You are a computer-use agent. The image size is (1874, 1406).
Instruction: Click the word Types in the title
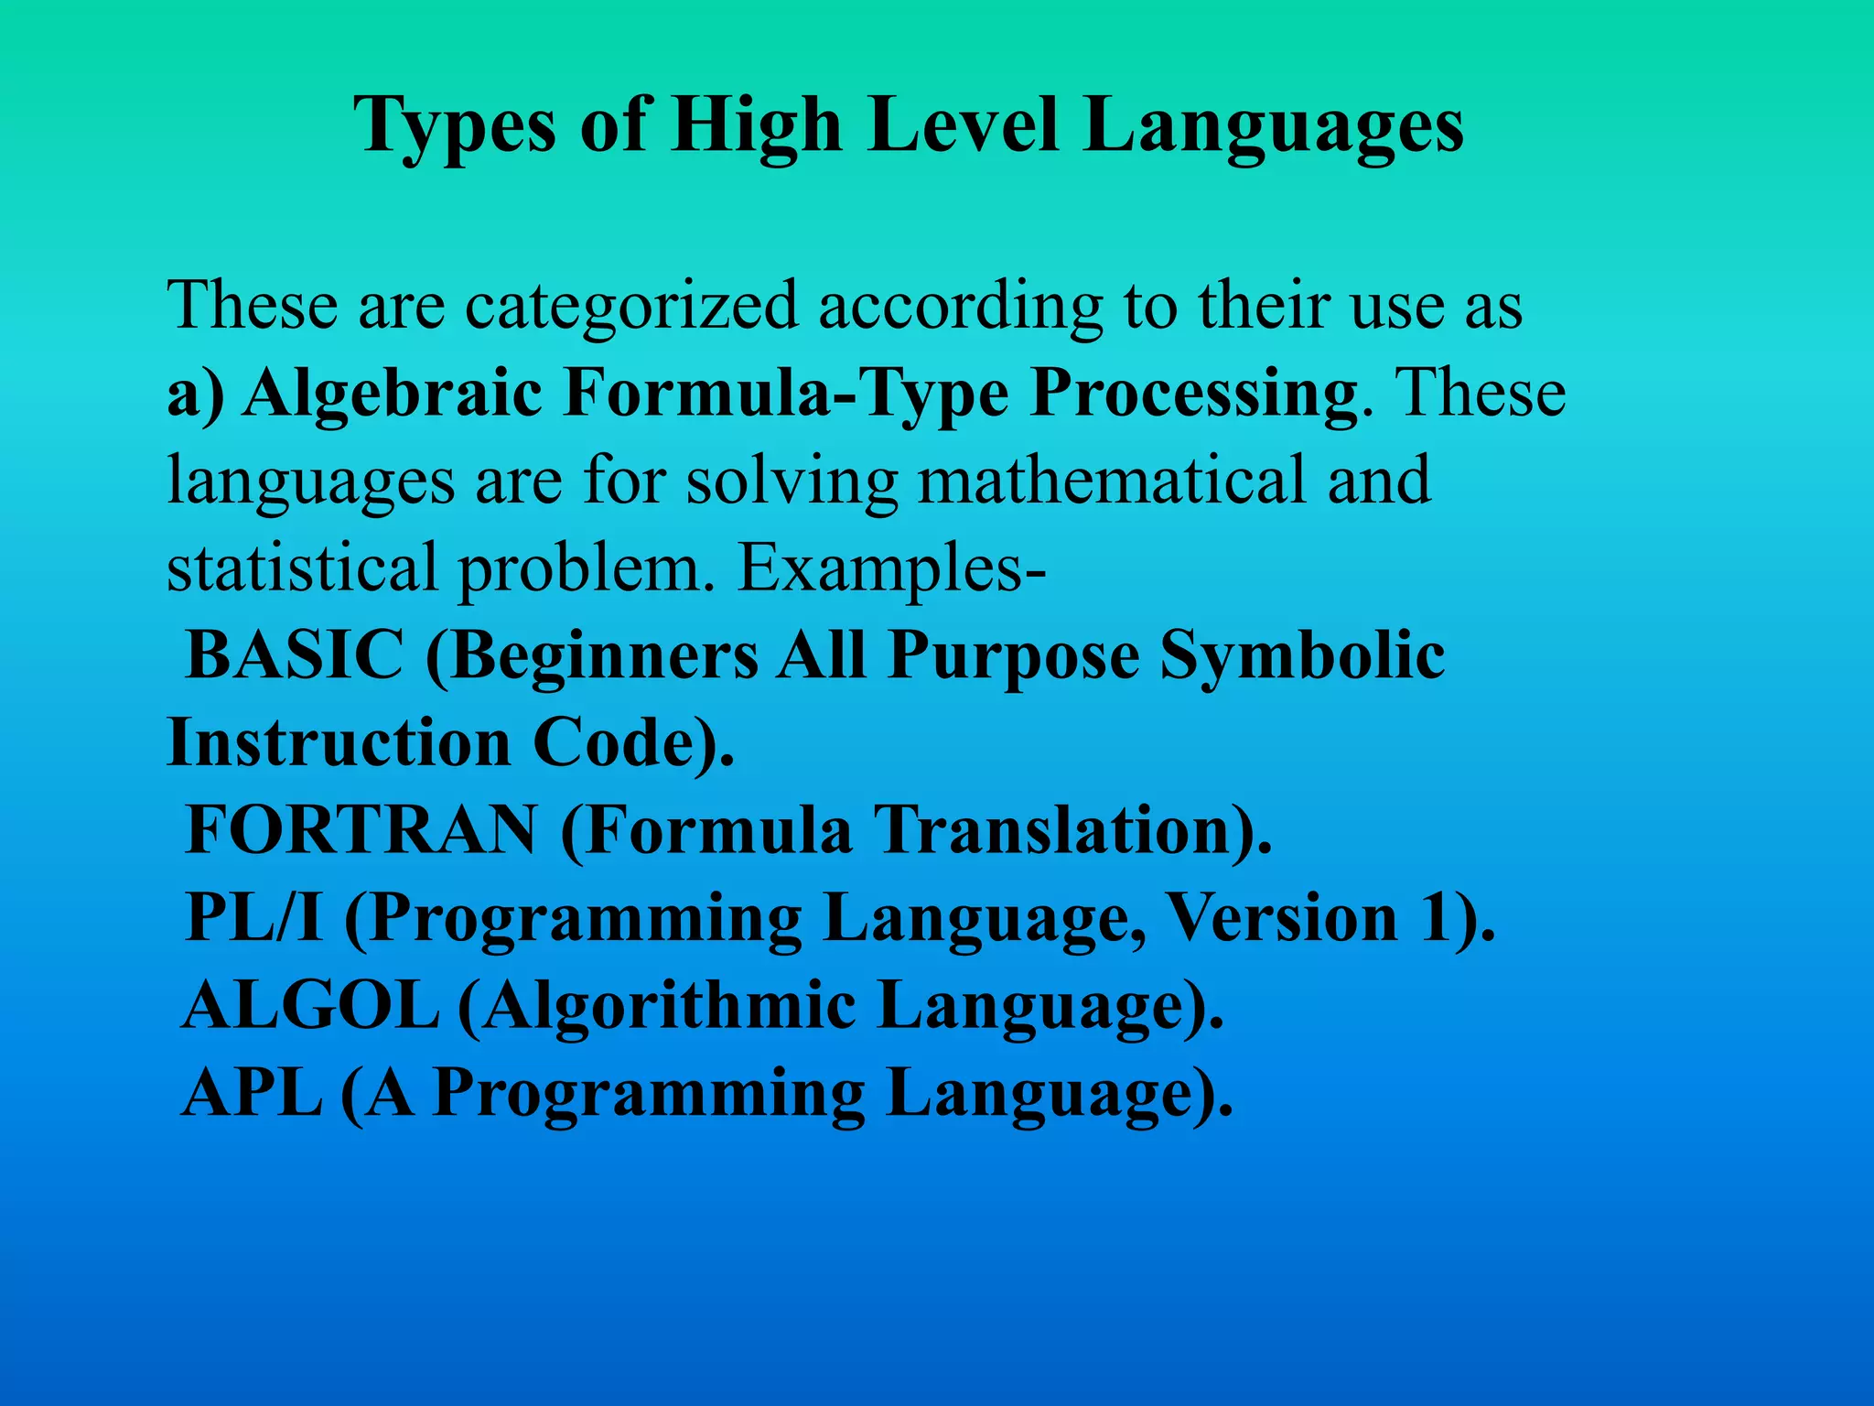pyautogui.click(x=455, y=125)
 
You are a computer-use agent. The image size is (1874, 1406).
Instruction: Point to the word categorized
pyautogui.click(x=631, y=307)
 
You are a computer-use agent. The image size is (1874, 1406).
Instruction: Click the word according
pyautogui.click(x=960, y=307)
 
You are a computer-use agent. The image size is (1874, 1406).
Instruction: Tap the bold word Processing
pyautogui.click(x=1193, y=395)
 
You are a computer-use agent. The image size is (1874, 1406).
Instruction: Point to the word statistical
pyautogui.click(x=303, y=568)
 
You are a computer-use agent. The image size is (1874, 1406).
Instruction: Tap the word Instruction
pyautogui.click(x=339, y=741)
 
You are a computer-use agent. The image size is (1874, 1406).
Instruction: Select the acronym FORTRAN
pyautogui.click(x=361, y=829)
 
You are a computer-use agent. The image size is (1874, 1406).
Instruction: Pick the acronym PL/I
pyautogui.click(x=253, y=917)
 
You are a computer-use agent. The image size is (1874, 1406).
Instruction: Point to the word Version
pyautogui.click(x=1283, y=917)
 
